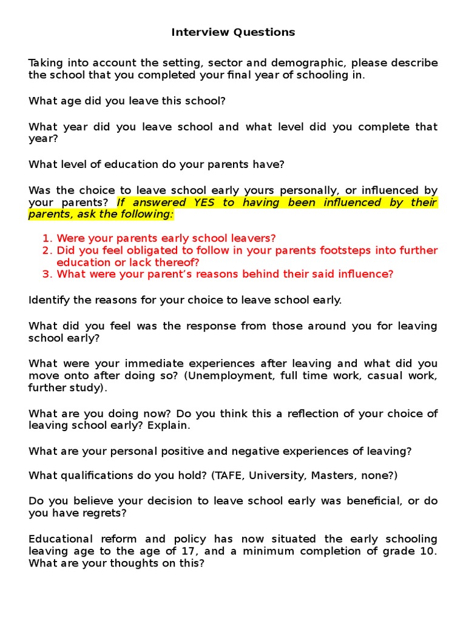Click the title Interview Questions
233,32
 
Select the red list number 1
46,238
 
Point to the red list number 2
46,250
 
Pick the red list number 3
46,274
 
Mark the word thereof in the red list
178,263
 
